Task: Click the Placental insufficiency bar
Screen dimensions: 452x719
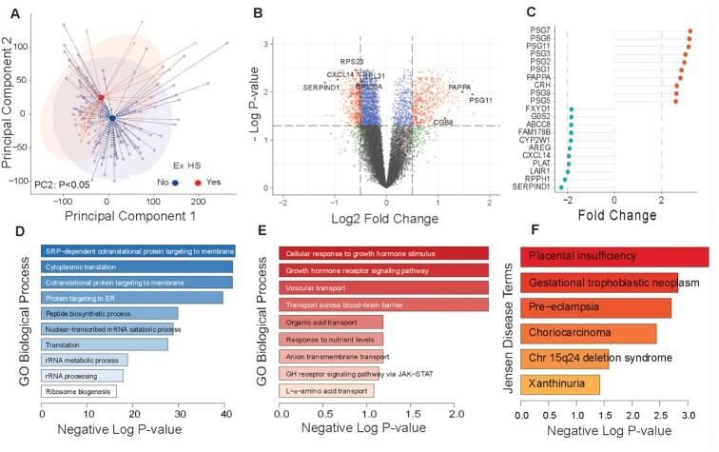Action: (613, 256)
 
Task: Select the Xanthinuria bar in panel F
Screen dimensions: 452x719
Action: (559, 384)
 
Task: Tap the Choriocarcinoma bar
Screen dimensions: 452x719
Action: (588, 333)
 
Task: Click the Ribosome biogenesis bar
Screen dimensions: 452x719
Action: (78, 390)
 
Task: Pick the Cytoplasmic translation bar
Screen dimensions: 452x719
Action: (136, 266)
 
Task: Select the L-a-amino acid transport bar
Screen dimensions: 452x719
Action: (326, 390)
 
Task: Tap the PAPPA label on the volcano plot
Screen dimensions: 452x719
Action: (459, 87)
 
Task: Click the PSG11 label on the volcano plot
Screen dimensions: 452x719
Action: (481, 100)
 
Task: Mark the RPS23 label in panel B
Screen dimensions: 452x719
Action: (352, 62)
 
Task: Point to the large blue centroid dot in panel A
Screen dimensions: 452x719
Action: (111, 118)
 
